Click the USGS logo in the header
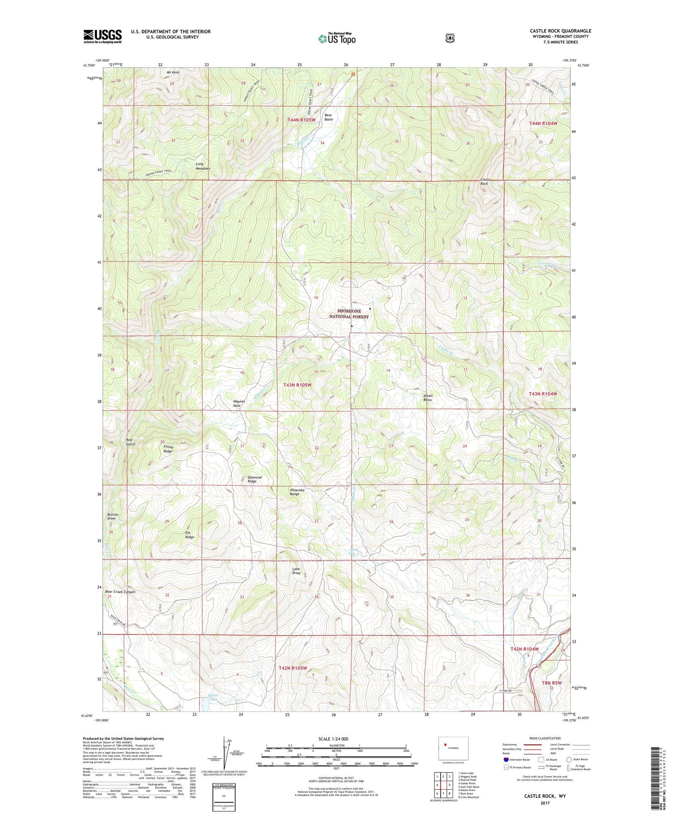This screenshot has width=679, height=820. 102,36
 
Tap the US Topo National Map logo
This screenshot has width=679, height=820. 337,38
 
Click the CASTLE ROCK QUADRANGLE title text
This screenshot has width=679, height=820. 560,31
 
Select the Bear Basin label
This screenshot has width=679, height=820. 329,117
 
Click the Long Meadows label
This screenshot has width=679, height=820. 203,166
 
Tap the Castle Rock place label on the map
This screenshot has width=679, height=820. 484,182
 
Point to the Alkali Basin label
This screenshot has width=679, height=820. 428,398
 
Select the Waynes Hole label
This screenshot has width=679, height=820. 239,403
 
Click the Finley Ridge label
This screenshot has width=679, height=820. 167,449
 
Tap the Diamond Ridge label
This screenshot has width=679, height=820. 254,479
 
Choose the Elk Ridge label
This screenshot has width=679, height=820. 189,535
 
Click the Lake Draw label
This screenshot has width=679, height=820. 296,571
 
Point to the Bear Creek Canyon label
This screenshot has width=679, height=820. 120,592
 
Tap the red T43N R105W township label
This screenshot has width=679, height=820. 297,385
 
